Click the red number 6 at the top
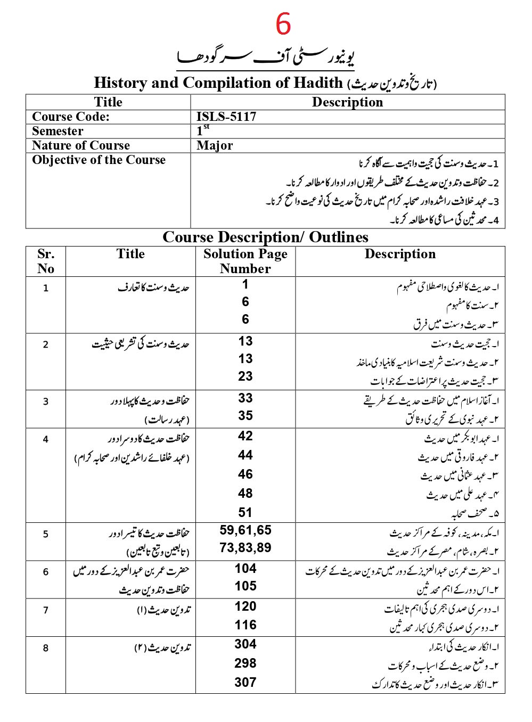(283, 24)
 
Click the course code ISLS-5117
(226, 117)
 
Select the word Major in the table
(214, 145)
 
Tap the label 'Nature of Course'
(81, 145)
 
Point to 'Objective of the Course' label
(99, 160)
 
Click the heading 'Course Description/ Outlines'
(265, 237)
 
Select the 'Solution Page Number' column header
(245, 261)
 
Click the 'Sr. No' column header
(46, 261)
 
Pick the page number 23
(245, 376)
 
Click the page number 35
(245, 416)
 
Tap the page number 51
(245, 513)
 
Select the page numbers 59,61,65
(245, 530)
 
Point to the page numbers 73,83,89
(245, 548)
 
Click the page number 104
(245, 569)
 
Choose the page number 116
(245, 625)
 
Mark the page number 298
(245, 663)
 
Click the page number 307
(245, 683)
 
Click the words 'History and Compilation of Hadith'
(218, 83)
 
